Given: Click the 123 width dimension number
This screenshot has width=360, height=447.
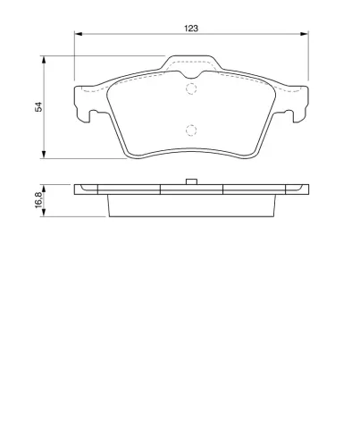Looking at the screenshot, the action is click(x=191, y=29).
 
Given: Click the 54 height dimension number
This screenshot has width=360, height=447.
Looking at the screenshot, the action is click(x=38, y=106).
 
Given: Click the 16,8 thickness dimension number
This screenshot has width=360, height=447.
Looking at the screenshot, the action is click(x=38, y=199).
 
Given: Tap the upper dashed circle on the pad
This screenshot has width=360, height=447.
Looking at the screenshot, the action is click(x=191, y=89).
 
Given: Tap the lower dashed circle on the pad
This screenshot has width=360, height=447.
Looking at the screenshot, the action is click(x=191, y=131).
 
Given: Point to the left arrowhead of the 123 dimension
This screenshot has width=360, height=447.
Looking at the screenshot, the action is click(x=78, y=34).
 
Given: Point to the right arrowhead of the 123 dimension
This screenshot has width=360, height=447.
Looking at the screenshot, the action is click(x=305, y=34).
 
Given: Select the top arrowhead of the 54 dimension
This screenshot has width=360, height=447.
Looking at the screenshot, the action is click(x=44, y=60).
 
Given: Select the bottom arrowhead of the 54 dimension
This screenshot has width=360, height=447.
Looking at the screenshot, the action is click(x=44, y=155).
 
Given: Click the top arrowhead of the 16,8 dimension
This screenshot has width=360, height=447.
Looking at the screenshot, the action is click(x=44, y=189).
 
